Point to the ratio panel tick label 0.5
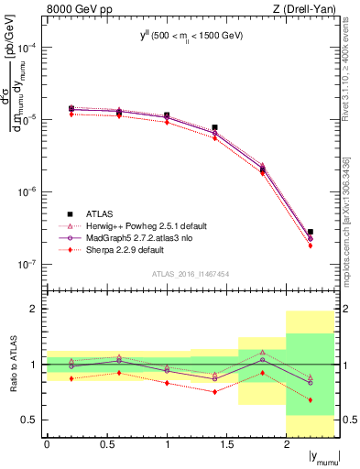(29, 420)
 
